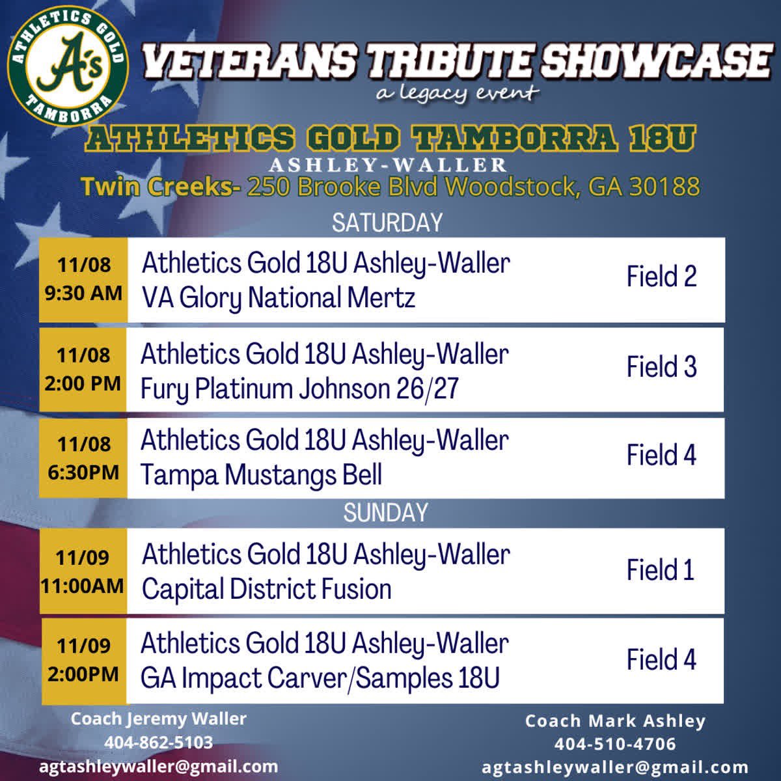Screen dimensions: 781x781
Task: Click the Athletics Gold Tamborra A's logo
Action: pyautogui.click(x=68, y=68)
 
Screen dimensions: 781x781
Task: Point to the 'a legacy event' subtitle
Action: pyautogui.click(x=458, y=93)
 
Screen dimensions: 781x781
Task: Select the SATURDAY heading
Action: pyautogui.click(x=387, y=223)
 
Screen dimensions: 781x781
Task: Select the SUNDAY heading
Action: pyautogui.click(x=385, y=513)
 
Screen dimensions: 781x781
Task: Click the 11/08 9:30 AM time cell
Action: pyautogui.click(x=83, y=279)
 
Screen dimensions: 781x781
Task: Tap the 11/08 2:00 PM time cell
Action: pyautogui.click(x=83, y=369)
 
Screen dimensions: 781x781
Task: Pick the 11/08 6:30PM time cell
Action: pyautogui.click(x=83, y=458)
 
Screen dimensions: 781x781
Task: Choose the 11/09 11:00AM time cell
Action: pyautogui.click(x=83, y=571)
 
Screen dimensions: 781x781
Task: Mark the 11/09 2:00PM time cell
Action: pyautogui.click(x=83, y=660)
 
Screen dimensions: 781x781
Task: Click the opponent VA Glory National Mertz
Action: pyautogui.click(x=279, y=298)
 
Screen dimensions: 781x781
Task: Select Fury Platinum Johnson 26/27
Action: pyautogui.click(x=299, y=389)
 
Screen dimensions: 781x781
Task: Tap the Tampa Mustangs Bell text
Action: pyautogui.click(x=261, y=475)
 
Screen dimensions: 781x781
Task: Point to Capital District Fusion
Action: pyautogui.click(x=267, y=590)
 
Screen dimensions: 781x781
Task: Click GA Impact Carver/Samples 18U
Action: pyautogui.click(x=320, y=678)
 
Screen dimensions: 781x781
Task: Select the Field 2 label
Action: pyautogui.click(x=661, y=277)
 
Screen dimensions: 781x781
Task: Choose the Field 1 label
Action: pyautogui.click(x=660, y=570)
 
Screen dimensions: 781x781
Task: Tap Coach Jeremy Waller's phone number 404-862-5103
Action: pyautogui.click(x=158, y=743)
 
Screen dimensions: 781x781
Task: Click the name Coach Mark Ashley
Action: pyautogui.click(x=615, y=721)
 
